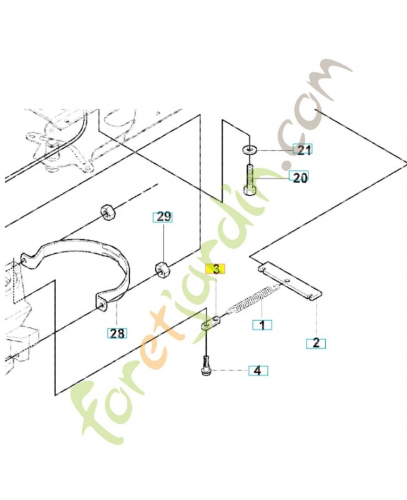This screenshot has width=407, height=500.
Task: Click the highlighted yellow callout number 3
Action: click(x=216, y=269)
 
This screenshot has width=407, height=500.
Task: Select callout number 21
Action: click(x=303, y=149)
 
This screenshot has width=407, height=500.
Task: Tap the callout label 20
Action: click(x=299, y=177)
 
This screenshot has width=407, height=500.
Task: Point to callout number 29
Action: click(x=163, y=217)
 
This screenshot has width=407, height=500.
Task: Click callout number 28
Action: click(x=117, y=333)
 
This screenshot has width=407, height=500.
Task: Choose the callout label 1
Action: click(x=262, y=325)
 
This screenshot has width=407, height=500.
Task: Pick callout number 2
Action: click(x=316, y=343)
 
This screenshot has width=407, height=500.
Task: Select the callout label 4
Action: click(x=258, y=371)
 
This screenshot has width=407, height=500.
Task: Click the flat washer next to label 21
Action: click(x=249, y=148)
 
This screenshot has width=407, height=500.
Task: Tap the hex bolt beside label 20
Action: click(x=249, y=179)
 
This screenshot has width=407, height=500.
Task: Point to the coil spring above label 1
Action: click(x=254, y=299)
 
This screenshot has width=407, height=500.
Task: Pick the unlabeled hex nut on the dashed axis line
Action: click(x=108, y=213)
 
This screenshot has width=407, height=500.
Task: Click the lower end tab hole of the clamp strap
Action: click(x=101, y=304)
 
